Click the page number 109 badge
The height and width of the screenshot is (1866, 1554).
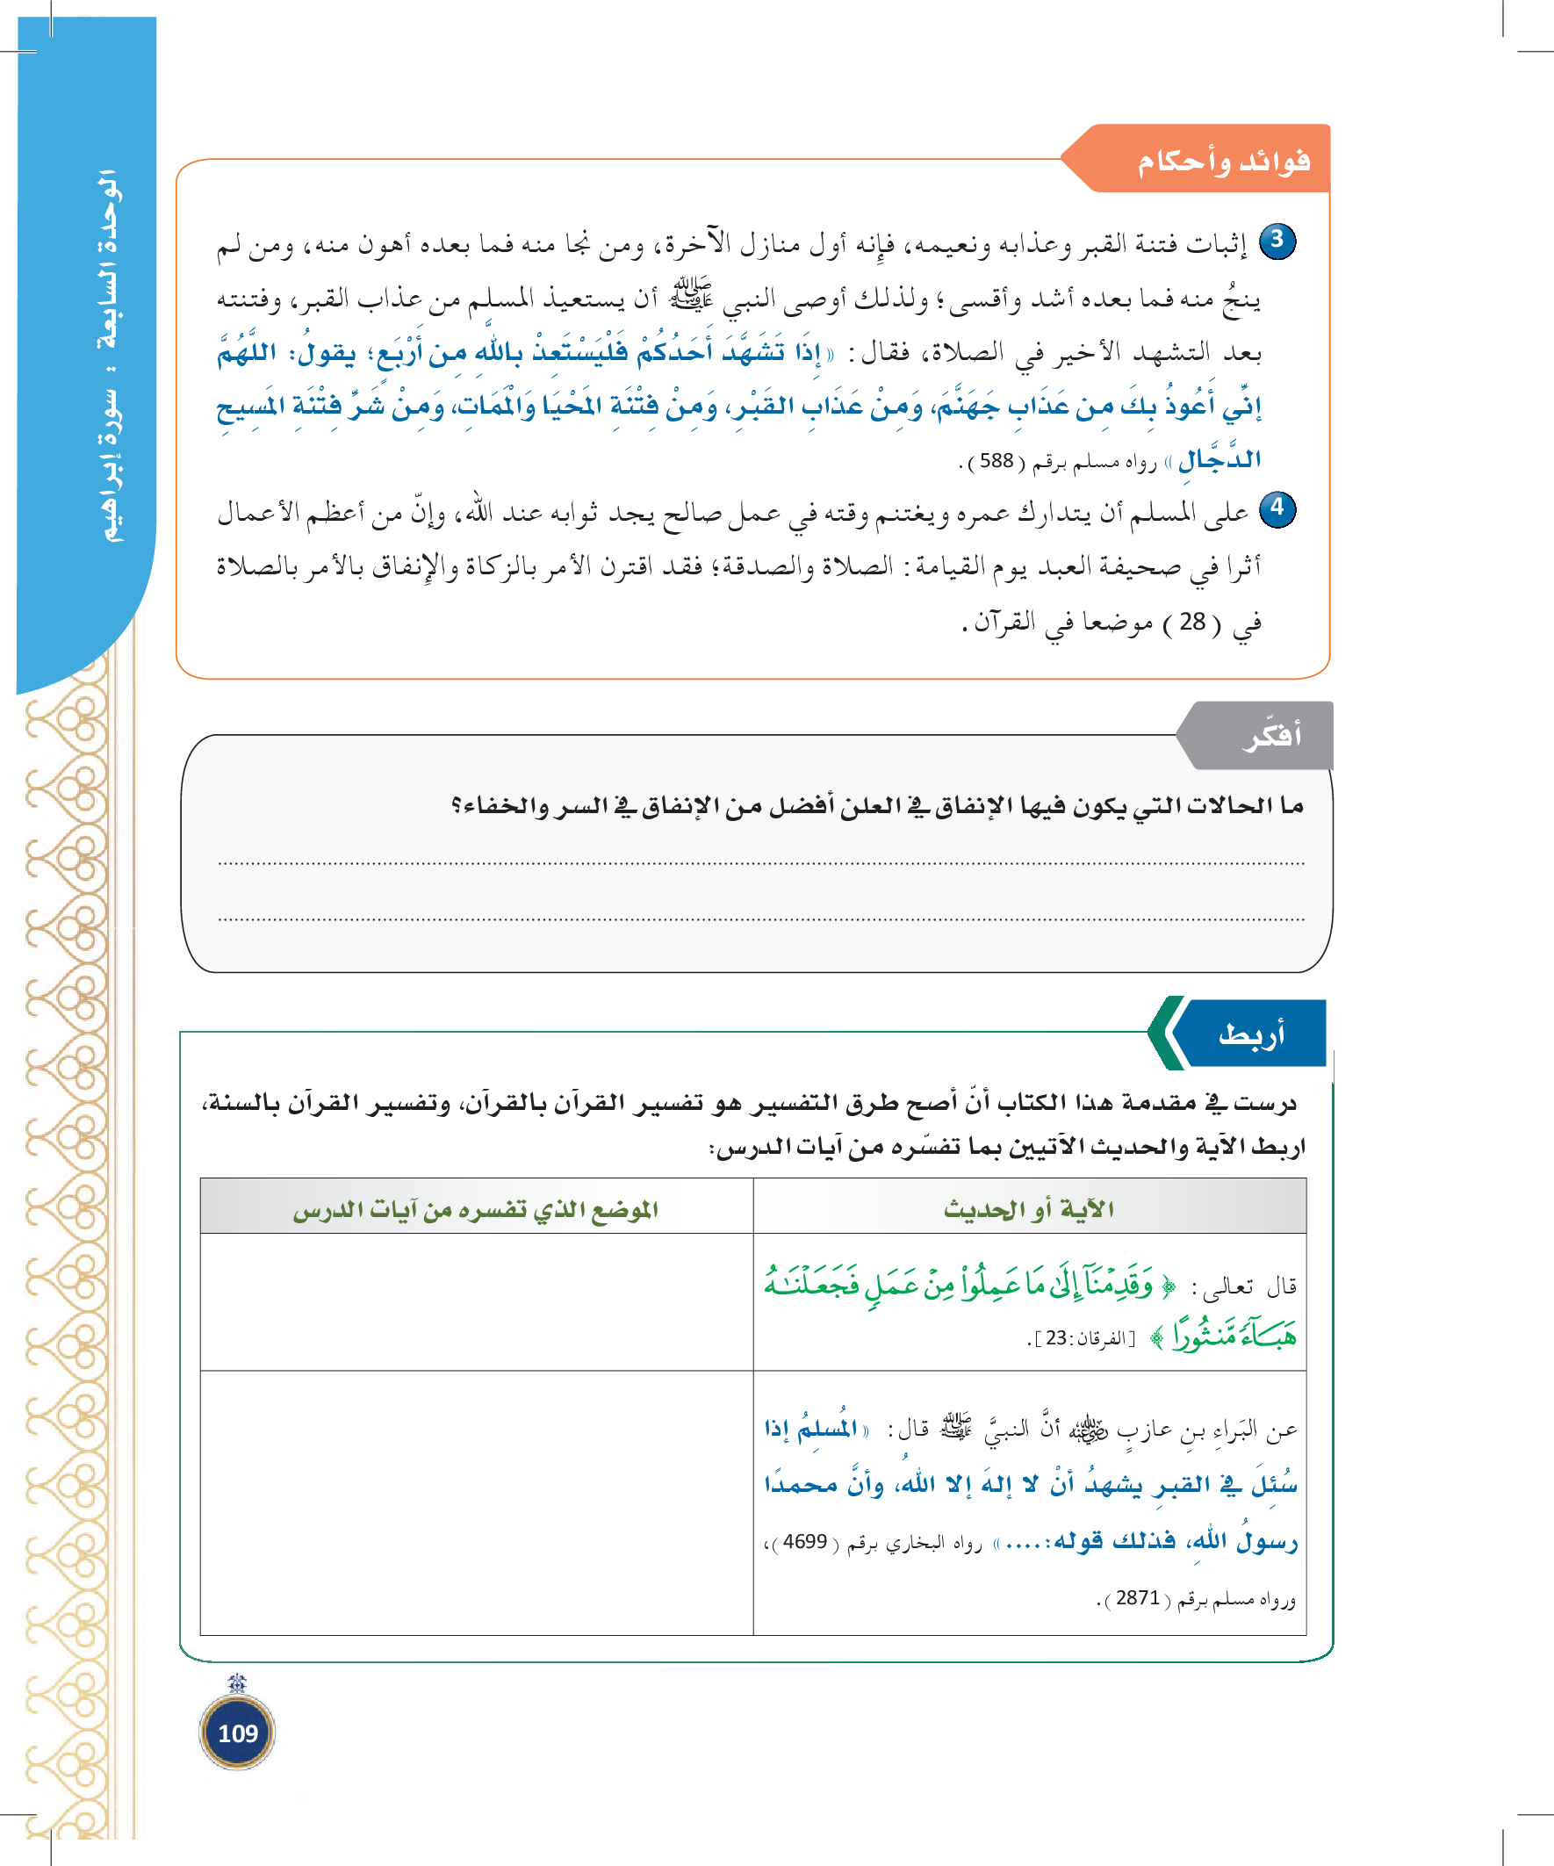coord(237,1733)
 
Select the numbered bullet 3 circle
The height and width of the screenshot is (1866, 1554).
coord(1277,241)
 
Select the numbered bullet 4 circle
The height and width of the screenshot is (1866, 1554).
coord(1277,509)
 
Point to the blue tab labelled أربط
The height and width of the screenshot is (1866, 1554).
coord(1251,1034)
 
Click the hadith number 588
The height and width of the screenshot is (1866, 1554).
coord(996,461)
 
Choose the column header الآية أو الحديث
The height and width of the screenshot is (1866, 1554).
coord(1029,1208)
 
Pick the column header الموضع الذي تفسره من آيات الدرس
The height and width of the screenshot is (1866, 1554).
coord(476,1208)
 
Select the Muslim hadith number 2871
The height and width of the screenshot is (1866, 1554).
coord(1138,1597)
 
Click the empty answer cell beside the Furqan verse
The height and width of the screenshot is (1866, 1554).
coord(476,1301)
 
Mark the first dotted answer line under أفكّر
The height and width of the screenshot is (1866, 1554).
coord(760,863)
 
